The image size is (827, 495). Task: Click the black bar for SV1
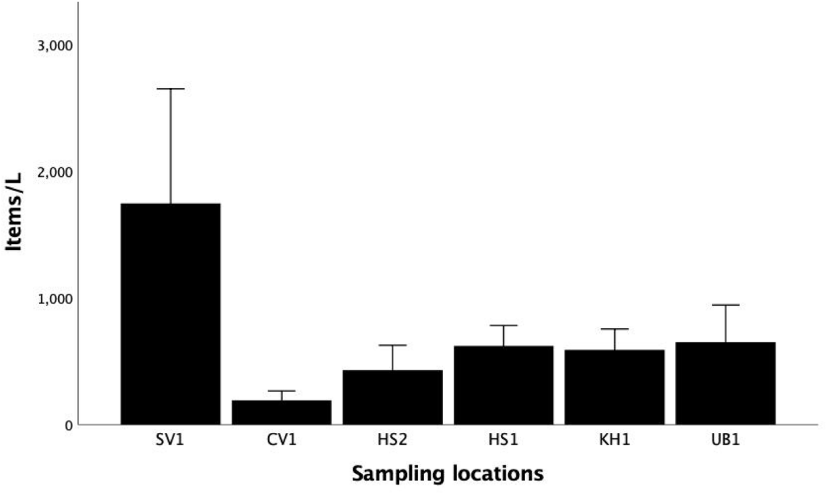click(x=170, y=313)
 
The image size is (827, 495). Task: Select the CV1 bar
click(x=282, y=412)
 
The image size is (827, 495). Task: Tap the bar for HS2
click(x=393, y=397)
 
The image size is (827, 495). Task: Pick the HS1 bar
click(x=503, y=385)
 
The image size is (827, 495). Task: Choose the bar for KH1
click(x=615, y=387)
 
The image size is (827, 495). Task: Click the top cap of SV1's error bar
click(x=170, y=89)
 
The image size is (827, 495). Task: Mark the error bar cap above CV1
click(x=282, y=390)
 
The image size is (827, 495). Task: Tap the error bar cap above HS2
click(x=393, y=345)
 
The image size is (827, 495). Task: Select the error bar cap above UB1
click(x=725, y=305)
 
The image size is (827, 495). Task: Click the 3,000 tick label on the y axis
click(x=55, y=46)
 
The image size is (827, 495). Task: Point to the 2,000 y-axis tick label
click(x=55, y=173)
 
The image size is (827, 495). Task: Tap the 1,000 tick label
click(x=55, y=299)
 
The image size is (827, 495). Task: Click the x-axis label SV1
click(x=170, y=440)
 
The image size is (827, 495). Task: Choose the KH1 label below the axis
click(x=615, y=440)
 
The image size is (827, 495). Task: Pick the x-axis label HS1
click(x=503, y=440)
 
